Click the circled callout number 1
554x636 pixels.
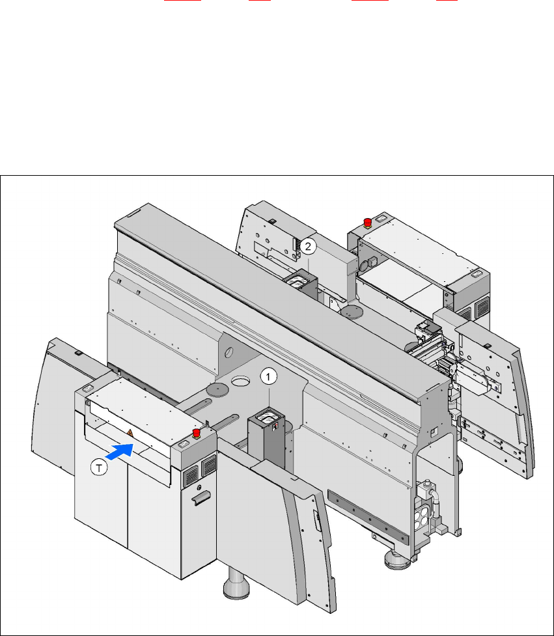pyautogui.click(x=268, y=377)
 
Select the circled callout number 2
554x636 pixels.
pyautogui.click(x=308, y=246)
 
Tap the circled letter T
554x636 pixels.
pyautogui.click(x=98, y=467)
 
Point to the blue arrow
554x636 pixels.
pyautogui.click(x=120, y=451)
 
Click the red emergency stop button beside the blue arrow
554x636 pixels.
pyautogui.click(x=197, y=433)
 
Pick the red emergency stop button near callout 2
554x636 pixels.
pyautogui.click(x=367, y=223)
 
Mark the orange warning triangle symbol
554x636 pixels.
pyautogui.click(x=130, y=434)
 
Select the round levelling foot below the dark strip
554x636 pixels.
pyautogui.click(x=397, y=559)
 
